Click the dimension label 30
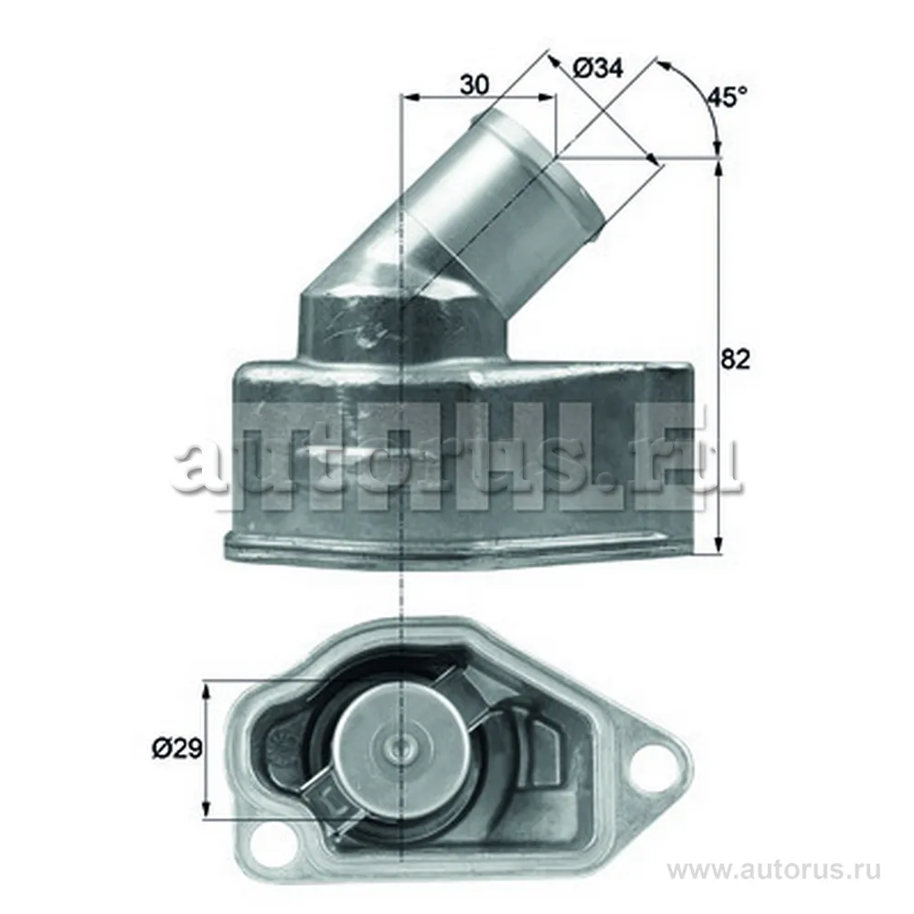(x=473, y=84)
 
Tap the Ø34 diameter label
(x=598, y=68)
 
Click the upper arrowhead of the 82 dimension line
(x=720, y=170)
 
